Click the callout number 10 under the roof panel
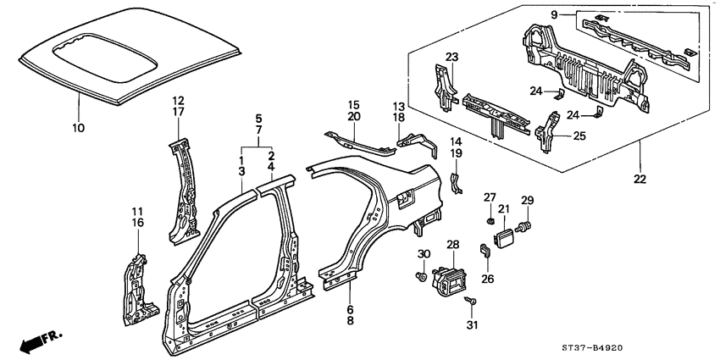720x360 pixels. click(x=78, y=127)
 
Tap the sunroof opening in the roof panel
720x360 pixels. click(x=106, y=57)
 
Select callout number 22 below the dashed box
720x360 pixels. click(x=640, y=179)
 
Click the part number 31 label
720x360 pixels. click(x=472, y=325)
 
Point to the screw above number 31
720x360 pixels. click(x=470, y=302)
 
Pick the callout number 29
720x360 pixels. click(x=528, y=200)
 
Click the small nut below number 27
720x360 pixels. click(x=490, y=221)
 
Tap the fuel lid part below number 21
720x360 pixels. click(x=502, y=238)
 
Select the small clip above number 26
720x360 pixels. click(x=485, y=251)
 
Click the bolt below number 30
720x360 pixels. click(x=421, y=276)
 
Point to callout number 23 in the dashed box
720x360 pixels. click(x=451, y=58)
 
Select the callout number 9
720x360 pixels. click(x=554, y=15)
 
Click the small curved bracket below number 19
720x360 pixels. click(x=456, y=183)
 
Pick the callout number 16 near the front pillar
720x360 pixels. click(x=138, y=223)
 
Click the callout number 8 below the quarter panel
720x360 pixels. click(x=351, y=321)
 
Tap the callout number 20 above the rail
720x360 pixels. click(x=353, y=117)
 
